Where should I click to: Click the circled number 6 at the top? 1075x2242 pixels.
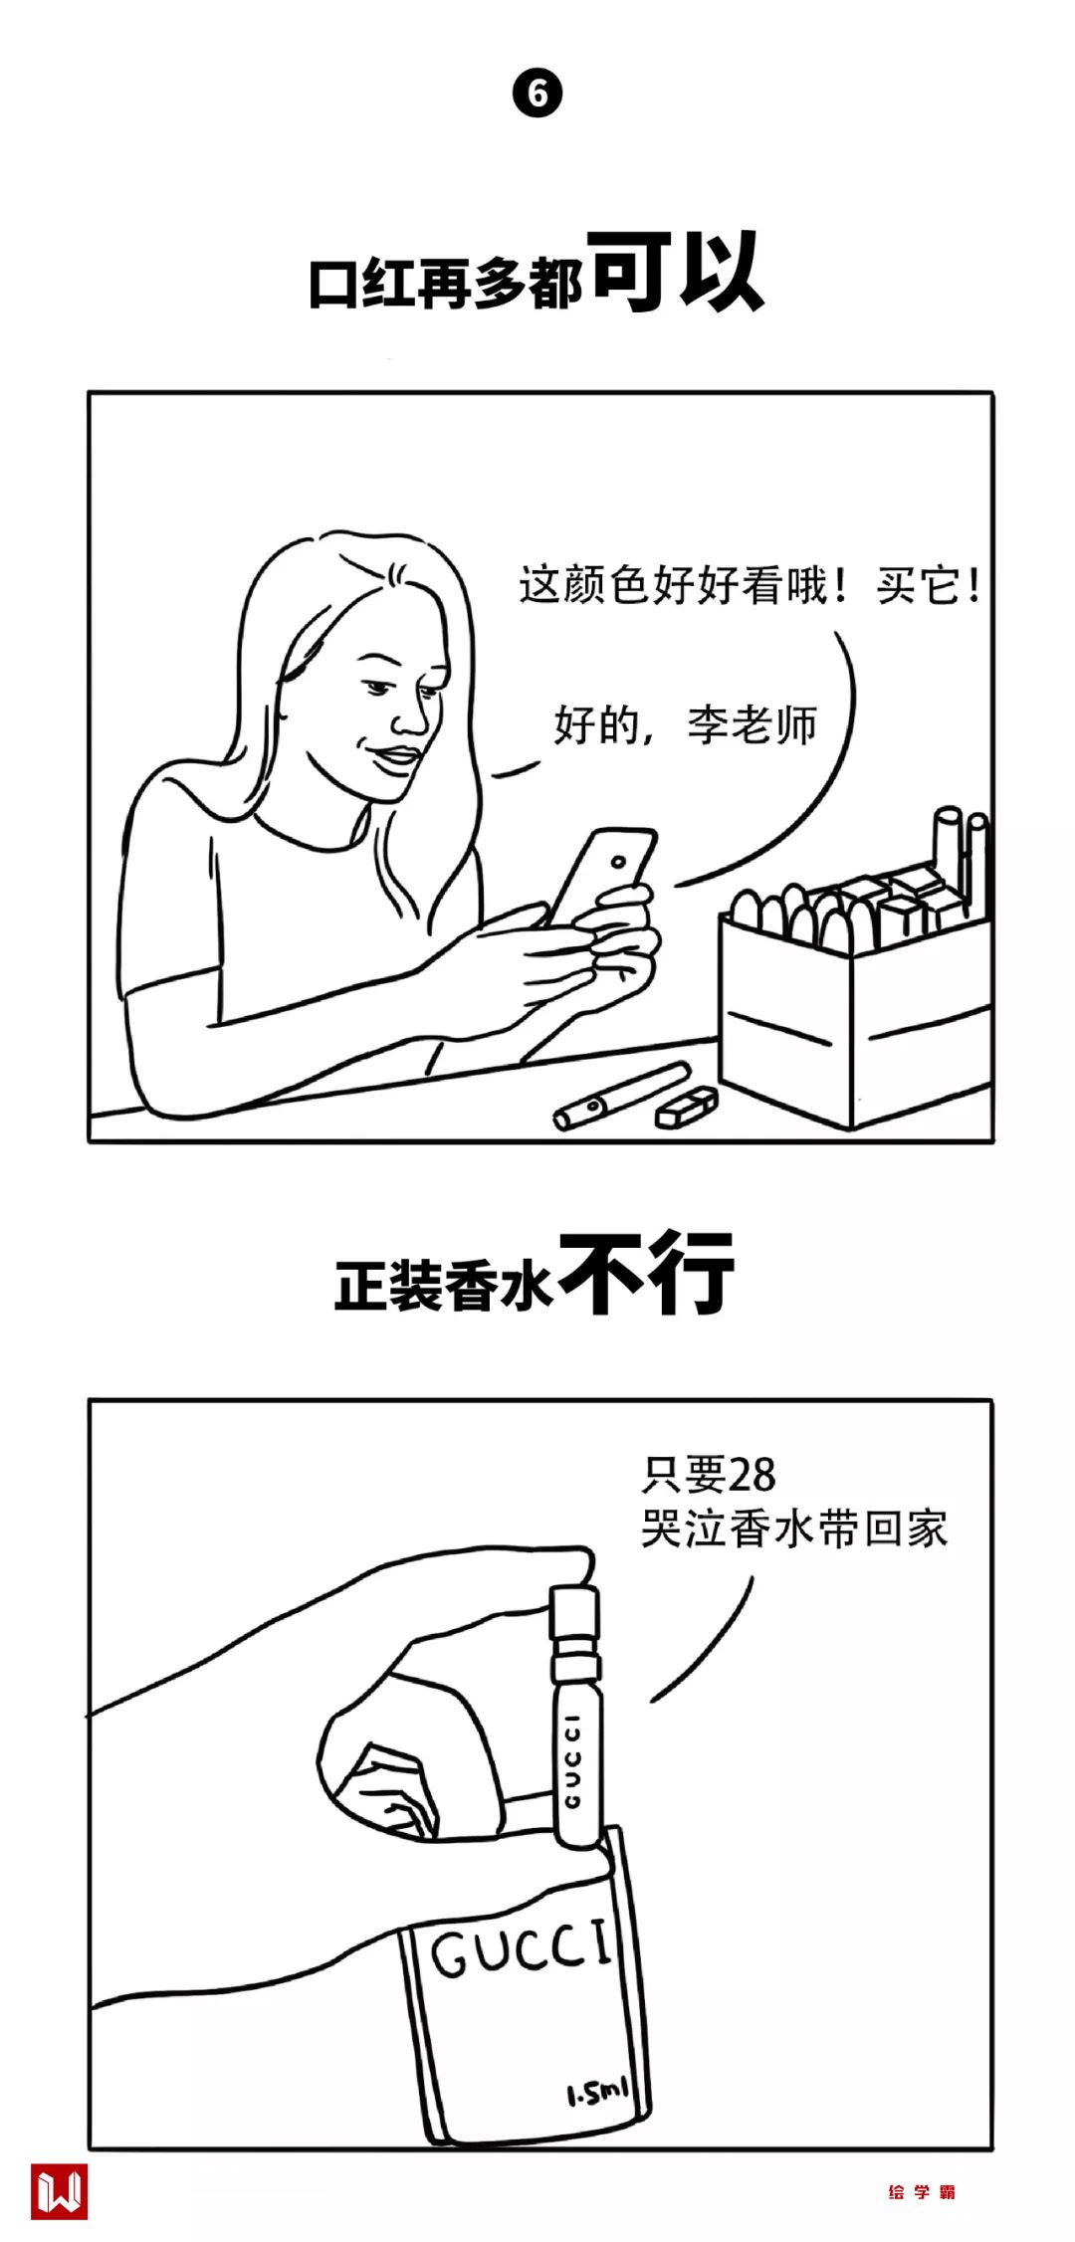(x=537, y=94)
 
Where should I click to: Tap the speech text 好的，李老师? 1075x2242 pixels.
(x=685, y=724)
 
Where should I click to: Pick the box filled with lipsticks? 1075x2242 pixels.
(x=856, y=995)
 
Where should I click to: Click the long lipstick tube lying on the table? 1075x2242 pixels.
(x=622, y=1095)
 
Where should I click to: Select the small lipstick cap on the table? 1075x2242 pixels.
(x=686, y=1107)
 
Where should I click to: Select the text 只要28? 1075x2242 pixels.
(x=708, y=1476)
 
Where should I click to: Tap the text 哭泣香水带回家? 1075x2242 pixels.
(x=794, y=1529)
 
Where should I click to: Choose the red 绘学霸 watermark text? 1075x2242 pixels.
(x=922, y=2192)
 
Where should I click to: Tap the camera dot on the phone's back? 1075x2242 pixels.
(x=620, y=861)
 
